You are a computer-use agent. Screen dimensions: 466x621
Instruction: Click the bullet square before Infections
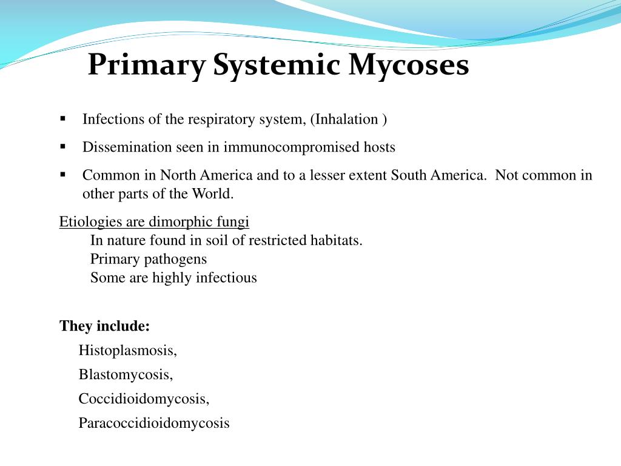[x=63, y=118]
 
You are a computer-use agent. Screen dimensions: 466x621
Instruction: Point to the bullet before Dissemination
[x=63, y=146]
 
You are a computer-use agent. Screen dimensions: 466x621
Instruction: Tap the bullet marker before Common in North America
[x=63, y=175]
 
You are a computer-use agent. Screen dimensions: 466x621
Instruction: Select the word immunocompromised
[x=292, y=147]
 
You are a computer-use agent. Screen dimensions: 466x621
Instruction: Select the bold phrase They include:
[x=104, y=326]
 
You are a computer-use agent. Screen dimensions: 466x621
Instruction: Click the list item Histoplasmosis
[x=128, y=350]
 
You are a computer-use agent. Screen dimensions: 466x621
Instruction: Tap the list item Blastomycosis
[x=126, y=374]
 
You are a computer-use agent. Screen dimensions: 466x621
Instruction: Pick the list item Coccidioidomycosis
[x=144, y=399]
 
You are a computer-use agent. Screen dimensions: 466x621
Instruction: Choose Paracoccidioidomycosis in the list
[x=154, y=423]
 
